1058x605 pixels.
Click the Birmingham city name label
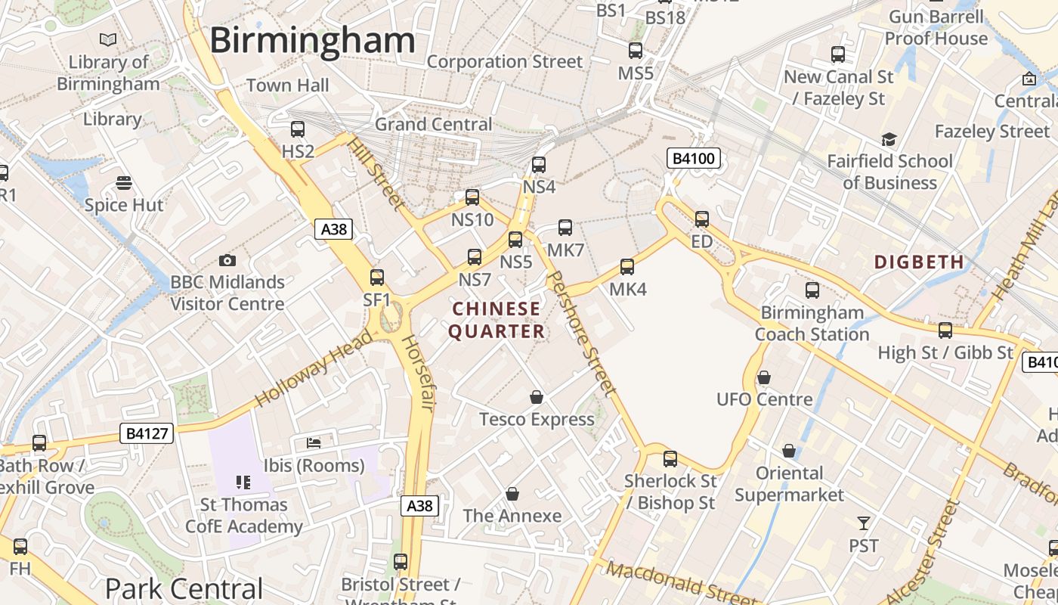click(x=312, y=39)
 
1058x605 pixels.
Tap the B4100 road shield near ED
click(x=693, y=159)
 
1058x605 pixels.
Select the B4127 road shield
click(x=146, y=433)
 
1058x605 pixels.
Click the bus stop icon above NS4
click(x=539, y=165)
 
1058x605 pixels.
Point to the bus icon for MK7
click(x=565, y=228)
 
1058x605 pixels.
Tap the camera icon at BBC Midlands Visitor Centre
click(x=227, y=261)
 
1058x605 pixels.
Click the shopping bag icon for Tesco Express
click(x=537, y=397)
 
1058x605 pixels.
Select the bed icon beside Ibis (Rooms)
click(x=314, y=442)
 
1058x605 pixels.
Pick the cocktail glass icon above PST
click(x=864, y=523)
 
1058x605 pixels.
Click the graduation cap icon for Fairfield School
click(x=889, y=140)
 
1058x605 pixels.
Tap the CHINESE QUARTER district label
click(x=497, y=320)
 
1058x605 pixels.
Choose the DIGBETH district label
click(x=919, y=262)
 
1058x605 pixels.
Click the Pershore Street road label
click(x=580, y=334)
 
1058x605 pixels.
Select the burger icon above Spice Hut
click(x=124, y=182)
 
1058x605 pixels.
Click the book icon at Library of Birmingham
click(x=108, y=39)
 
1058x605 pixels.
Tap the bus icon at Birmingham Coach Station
click(x=812, y=290)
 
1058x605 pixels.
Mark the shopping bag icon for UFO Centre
click(x=764, y=377)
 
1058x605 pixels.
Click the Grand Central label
click(x=433, y=124)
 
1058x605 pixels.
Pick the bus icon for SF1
click(x=377, y=278)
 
